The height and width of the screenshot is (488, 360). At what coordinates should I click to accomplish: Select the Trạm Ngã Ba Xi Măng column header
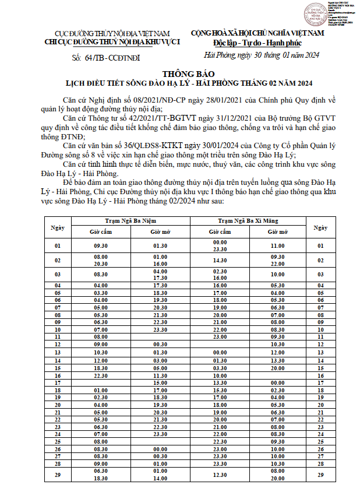coord(248,221)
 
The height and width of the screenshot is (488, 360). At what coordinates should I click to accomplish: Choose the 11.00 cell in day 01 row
coord(277,246)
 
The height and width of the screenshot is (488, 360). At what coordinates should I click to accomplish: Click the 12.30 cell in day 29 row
coord(220,475)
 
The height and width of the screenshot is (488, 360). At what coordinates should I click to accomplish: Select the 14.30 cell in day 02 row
coord(220,260)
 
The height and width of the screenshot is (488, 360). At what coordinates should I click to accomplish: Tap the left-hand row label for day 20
coord(57,405)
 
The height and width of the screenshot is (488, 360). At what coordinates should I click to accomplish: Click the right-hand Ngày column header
coord(319,226)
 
